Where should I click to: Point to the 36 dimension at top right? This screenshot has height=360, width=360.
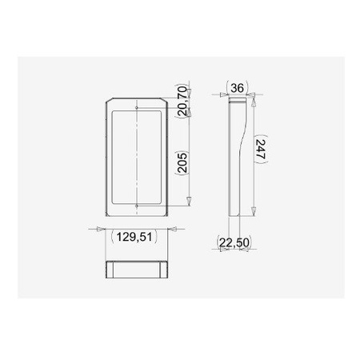236,87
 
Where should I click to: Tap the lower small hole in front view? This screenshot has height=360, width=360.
138,206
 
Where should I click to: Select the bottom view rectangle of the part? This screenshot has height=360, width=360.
136,268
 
